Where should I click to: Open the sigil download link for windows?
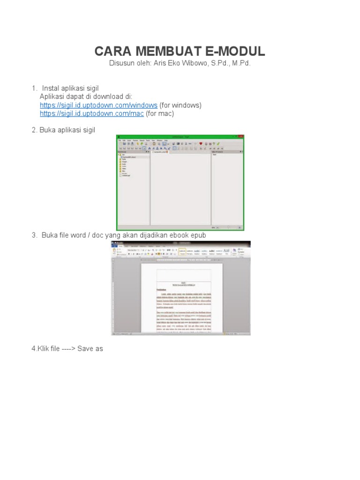pyautogui.click(x=98, y=105)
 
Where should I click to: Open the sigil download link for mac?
pyautogui.click(x=92, y=113)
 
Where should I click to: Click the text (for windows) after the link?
pyautogui.click(x=180, y=105)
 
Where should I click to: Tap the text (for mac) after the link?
pyautogui.click(x=160, y=113)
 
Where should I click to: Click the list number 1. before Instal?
pyautogui.click(x=34, y=88)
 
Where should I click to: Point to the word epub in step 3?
pyautogui.click(x=197, y=235)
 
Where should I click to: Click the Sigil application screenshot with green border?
pyautogui.click(x=180, y=183)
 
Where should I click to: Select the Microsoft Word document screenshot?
pyautogui.click(x=180, y=288)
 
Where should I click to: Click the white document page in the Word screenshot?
pyautogui.click(x=182, y=300)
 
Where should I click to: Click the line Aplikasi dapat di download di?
pyautogui.click(x=83, y=97)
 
